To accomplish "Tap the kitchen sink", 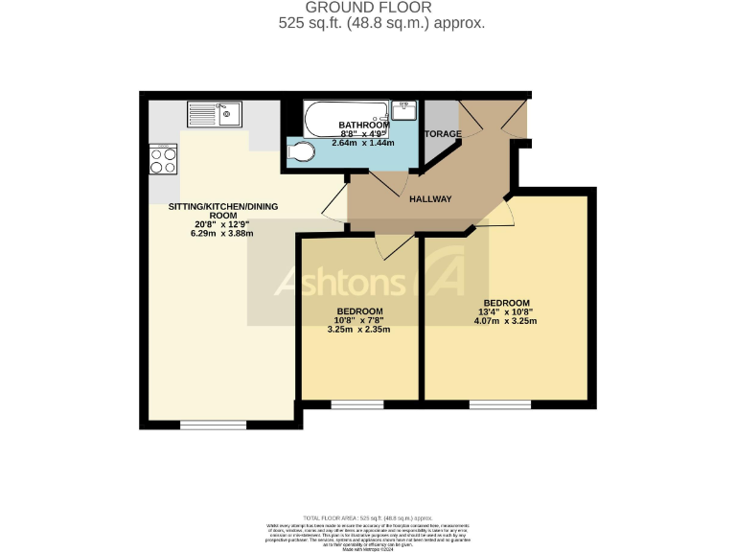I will tap(216, 114).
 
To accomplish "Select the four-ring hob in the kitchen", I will tap(163, 159).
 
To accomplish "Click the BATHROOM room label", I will tap(363, 126).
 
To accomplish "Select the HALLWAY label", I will tap(430, 199).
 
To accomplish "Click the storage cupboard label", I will tap(443, 133).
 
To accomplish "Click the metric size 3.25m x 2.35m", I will tap(359, 329).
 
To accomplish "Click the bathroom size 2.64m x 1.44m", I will tap(363, 143).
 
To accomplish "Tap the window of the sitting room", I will tap(213, 424).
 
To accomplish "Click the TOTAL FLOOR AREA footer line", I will tap(367, 517).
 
